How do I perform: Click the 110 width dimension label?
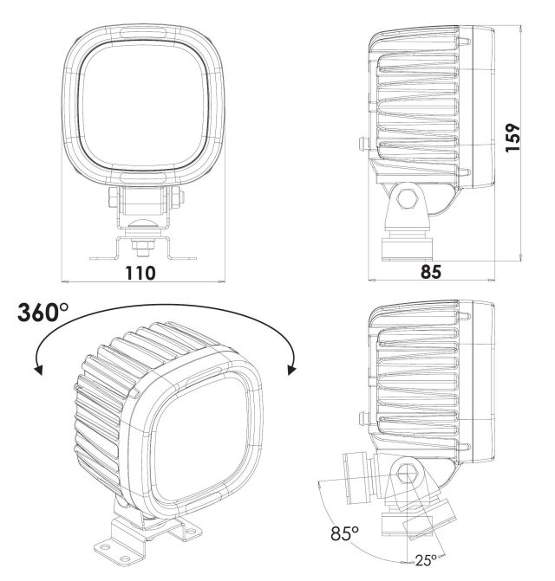140,273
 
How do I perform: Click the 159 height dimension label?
513,137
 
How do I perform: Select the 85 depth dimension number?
431,272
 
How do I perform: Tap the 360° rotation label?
42,312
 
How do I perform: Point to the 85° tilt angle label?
344,533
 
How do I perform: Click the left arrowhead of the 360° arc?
38,369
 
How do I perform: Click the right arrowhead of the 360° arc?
292,369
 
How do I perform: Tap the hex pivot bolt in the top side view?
408,199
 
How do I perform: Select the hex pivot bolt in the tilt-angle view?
407,475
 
